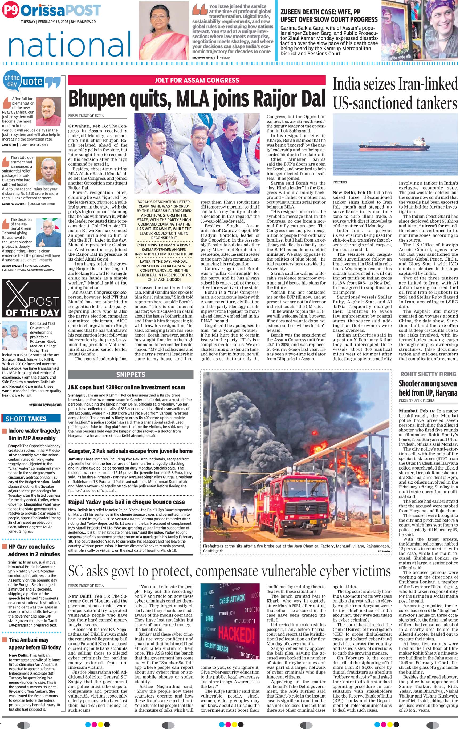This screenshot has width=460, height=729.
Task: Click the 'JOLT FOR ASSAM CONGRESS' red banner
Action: pos(197,80)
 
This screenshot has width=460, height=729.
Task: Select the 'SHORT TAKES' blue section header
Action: pos(26,419)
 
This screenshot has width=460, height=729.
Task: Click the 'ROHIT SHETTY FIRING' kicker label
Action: pos(428,374)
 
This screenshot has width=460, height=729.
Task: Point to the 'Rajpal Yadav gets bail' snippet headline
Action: pos(127,502)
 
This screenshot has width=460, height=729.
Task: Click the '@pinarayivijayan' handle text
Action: pos(45,404)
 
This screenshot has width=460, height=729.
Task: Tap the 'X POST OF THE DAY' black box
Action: pos(31,298)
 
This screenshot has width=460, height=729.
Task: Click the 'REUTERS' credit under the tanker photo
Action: pos(340,183)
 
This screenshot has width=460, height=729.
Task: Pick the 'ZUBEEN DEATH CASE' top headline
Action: pos(329,16)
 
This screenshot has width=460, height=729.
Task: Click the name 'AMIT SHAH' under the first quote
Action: pos(9,145)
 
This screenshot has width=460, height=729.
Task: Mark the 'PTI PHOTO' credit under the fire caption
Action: pos(384,552)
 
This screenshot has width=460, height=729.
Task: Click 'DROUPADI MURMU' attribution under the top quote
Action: pos(203,58)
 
